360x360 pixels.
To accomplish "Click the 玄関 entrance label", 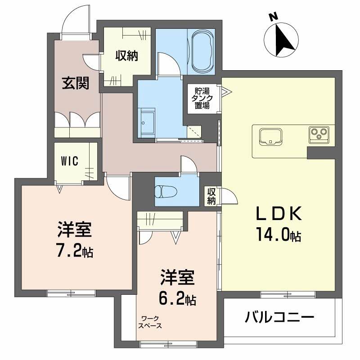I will coord(75,83).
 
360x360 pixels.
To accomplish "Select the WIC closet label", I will coord(71,161).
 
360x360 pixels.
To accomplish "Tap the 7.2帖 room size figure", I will coord(75,251).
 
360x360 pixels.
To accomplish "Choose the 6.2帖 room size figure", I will coord(177,298).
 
